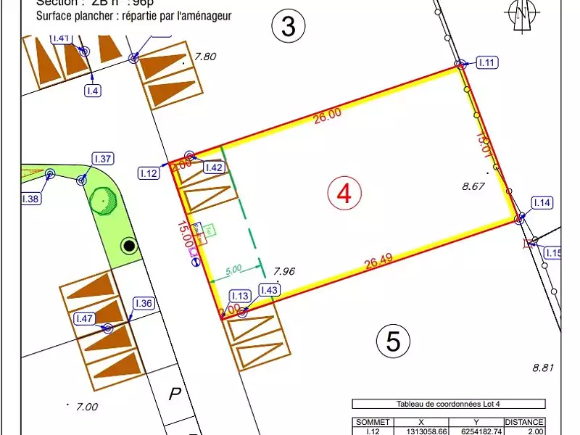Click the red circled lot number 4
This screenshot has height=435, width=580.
344,193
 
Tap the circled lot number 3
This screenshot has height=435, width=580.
288,27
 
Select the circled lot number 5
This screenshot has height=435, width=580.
394,340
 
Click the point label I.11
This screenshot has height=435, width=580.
487,63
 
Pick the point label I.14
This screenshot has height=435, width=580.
542,203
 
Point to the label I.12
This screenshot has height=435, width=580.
149,173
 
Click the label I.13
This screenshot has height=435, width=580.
240,296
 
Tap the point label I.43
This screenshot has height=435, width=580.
269,290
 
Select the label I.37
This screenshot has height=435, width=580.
103,159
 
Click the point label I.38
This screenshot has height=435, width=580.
31,198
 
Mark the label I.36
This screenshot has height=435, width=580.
143,304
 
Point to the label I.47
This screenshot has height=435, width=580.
85,318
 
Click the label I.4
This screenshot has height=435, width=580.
93,91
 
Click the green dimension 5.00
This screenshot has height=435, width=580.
233,270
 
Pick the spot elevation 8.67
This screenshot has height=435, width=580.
473,186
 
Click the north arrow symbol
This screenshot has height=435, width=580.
520,14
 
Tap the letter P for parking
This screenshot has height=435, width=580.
174,395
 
